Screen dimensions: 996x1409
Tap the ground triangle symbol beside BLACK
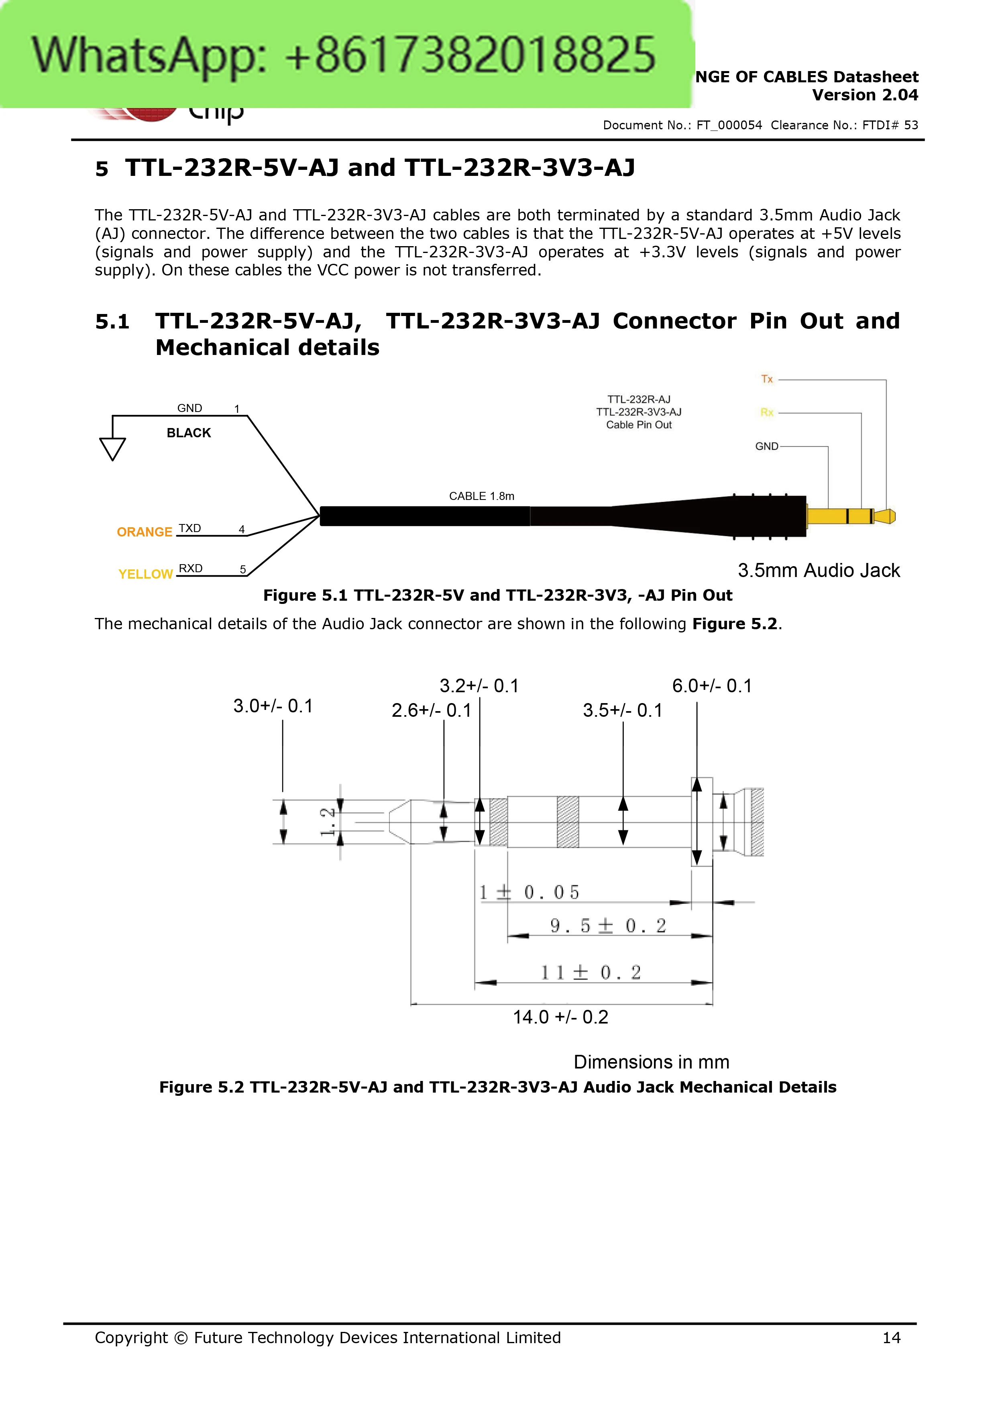(112, 449)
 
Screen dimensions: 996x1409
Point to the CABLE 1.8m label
(482, 496)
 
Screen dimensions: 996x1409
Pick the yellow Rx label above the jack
(767, 412)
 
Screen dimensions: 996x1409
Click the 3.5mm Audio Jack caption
(819, 570)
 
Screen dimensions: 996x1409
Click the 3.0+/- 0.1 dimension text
(273, 706)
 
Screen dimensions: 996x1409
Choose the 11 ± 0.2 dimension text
(591, 972)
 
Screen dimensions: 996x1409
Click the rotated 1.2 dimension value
(328, 822)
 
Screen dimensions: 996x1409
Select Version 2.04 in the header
(865, 95)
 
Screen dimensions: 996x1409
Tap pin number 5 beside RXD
(243, 569)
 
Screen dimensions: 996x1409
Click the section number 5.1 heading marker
(112, 322)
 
